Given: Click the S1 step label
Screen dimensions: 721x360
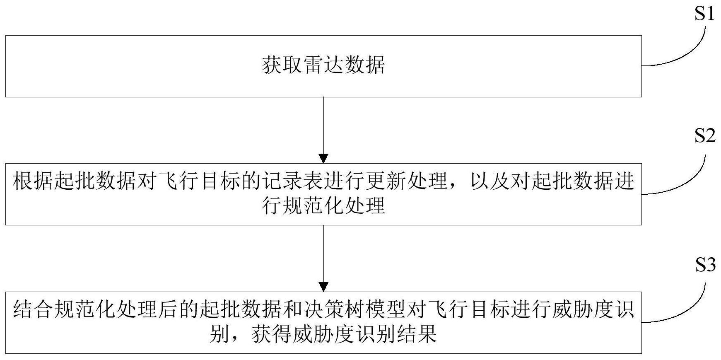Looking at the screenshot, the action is pyautogui.click(x=704, y=14).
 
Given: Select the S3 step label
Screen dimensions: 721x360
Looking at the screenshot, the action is pyautogui.click(x=704, y=264).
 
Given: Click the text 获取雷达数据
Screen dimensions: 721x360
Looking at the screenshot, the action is pyautogui.click(x=323, y=65).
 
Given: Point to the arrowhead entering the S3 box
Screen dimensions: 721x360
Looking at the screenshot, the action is pyautogui.click(x=323, y=287).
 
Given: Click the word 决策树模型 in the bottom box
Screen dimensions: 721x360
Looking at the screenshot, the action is pyautogui.click(x=354, y=310).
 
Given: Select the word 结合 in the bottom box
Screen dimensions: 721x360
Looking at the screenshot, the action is pyautogui.click(x=33, y=310).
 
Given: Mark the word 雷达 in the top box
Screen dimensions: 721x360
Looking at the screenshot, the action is pyautogui.click(x=323, y=65).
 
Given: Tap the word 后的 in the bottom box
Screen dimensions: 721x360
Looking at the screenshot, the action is pyautogui.click(x=178, y=310).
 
